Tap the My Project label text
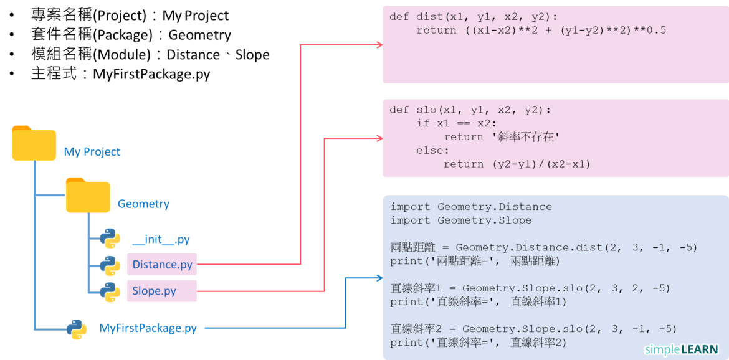[92, 152]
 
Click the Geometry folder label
[143, 204]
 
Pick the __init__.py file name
[161, 240]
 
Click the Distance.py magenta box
[162, 265]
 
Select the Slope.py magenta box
[162, 291]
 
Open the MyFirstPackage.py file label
[148, 328]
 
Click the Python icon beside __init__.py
[110, 239]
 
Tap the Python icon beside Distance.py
[110, 265]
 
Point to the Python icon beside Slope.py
[110, 291]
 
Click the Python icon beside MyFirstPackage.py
[77, 329]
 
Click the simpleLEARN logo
[681, 349]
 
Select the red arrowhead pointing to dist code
[378, 45]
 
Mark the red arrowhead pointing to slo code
[378, 137]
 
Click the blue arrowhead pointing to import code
[378, 278]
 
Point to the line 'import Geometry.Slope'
[461, 220]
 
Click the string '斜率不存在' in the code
[525, 137]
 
